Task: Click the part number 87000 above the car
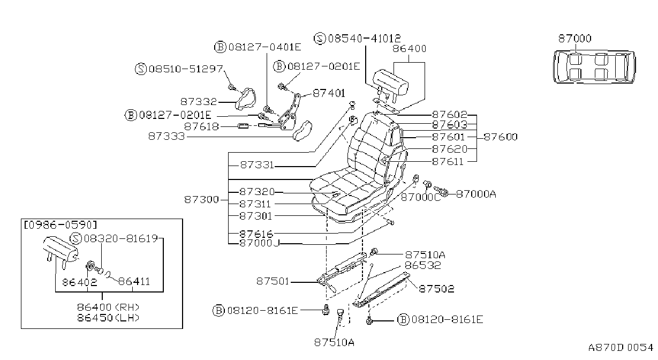[x=574, y=39]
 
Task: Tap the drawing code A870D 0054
[x=621, y=348]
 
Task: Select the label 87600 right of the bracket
[x=500, y=137]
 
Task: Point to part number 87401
[x=329, y=93]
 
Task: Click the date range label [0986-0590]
[x=60, y=225]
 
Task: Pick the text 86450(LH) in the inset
[x=108, y=318]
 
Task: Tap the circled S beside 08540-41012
[x=320, y=39]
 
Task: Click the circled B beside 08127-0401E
[x=220, y=47]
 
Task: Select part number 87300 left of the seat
[x=201, y=200]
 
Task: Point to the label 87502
[x=436, y=289]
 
